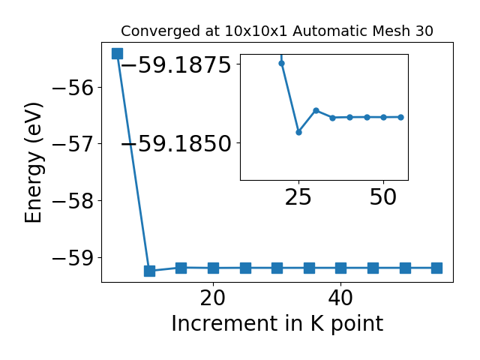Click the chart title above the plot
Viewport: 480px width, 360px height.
pyautogui.click(x=277, y=31)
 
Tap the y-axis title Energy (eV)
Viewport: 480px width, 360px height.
pyautogui.click(x=33, y=163)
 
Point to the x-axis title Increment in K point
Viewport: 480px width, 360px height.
pyautogui.click(x=277, y=324)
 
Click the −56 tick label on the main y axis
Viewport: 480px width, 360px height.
pyautogui.click(x=73, y=88)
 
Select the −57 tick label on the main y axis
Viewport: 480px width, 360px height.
pyautogui.click(x=73, y=144)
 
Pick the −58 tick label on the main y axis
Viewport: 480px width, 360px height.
pyautogui.click(x=73, y=201)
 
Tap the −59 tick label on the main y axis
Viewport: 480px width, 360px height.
pyautogui.click(x=73, y=258)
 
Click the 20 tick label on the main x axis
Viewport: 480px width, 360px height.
pyautogui.click(x=213, y=298)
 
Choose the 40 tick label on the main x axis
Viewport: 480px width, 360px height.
pyautogui.click(x=340, y=298)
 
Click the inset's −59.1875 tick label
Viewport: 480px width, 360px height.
pyautogui.click(x=176, y=64)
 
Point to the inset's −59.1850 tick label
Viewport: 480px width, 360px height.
pyautogui.click(x=176, y=143)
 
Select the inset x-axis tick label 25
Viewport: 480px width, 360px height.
pyautogui.click(x=298, y=196)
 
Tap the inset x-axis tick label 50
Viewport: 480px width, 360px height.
pyautogui.click(x=383, y=196)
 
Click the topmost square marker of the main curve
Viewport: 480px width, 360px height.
pyautogui.click(x=117, y=53)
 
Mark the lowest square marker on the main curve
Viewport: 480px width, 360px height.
pyautogui.click(x=149, y=271)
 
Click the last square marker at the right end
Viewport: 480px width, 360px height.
pyautogui.click(x=436, y=268)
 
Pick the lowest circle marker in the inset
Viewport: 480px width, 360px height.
pyautogui.click(x=298, y=132)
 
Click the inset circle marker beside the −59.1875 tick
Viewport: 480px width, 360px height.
pyautogui.click(x=282, y=63)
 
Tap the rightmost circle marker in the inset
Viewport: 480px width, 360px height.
pyautogui.click(x=400, y=117)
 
